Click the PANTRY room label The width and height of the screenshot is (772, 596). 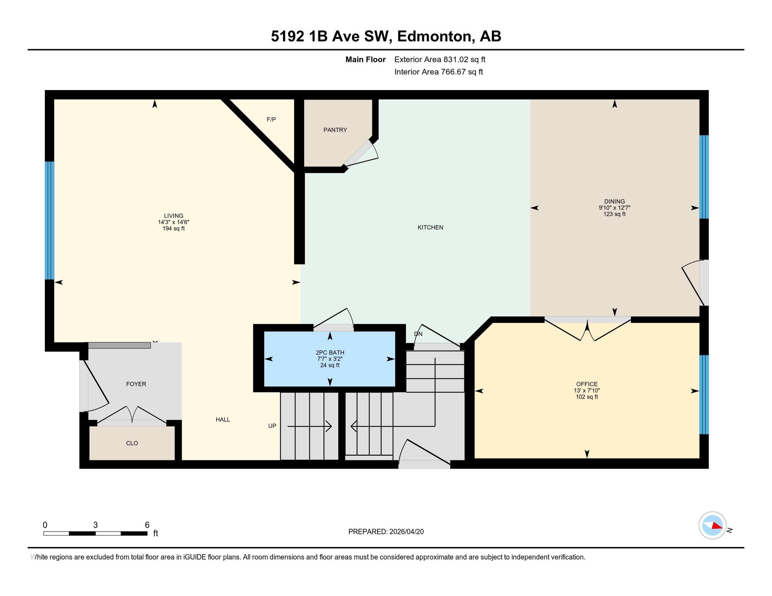click(x=335, y=130)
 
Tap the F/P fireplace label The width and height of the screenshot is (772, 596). click(x=271, y=119)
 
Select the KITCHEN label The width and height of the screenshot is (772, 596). click(x=430, y=228)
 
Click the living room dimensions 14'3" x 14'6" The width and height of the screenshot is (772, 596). click(x=174, y=222)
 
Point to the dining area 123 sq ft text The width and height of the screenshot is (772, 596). click(x=614, y=214)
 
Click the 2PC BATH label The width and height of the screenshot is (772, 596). click(x=330, y=352)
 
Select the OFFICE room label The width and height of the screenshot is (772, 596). click(x=587, y=384)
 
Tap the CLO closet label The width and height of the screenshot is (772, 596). click(x=132, y=443)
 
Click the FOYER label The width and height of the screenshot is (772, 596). click(x=136, y=384)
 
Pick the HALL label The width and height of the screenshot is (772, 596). click(x=223, y=419)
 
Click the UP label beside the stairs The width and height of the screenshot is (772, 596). click(x=272, y=426)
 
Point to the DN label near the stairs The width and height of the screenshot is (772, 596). click(x=418, y=334)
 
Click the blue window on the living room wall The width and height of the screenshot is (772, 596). click(x=49, y=220)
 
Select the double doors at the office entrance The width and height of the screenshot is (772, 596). click(x=587, y=330)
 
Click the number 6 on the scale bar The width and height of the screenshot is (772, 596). click(x=147, y=525)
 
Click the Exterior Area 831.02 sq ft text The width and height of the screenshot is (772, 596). click(x=440, y=59)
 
